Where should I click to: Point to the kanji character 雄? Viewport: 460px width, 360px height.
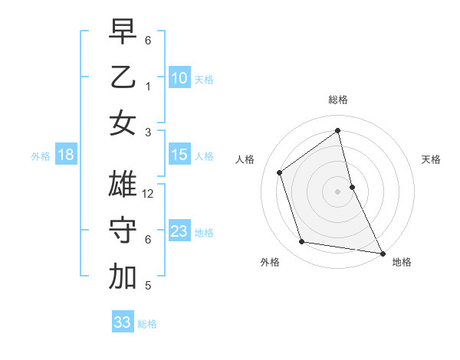point(123,185)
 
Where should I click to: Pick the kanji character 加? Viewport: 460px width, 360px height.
point(123,277)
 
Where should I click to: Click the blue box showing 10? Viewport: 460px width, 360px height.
point(179,78)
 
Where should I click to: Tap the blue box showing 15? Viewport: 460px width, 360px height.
point(179,155)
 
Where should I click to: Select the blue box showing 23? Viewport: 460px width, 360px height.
point(179,231)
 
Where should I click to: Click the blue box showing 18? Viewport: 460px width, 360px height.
point(65,155)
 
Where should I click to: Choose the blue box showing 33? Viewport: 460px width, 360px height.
point(123,322)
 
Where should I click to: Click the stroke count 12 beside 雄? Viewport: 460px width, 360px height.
point(149,194)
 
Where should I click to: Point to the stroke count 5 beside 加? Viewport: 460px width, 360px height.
point(147,286)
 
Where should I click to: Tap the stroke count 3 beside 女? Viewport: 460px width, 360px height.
point(147,132)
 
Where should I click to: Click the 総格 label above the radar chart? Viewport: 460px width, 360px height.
point(337,100)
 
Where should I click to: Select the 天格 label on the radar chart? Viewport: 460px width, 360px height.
point(431,159)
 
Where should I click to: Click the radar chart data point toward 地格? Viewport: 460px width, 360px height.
point(382,253)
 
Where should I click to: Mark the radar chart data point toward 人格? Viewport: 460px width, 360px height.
point(279,172)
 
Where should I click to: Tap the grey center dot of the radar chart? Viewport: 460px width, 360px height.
point(337,191)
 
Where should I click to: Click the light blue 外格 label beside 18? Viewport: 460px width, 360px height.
point(41,156)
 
